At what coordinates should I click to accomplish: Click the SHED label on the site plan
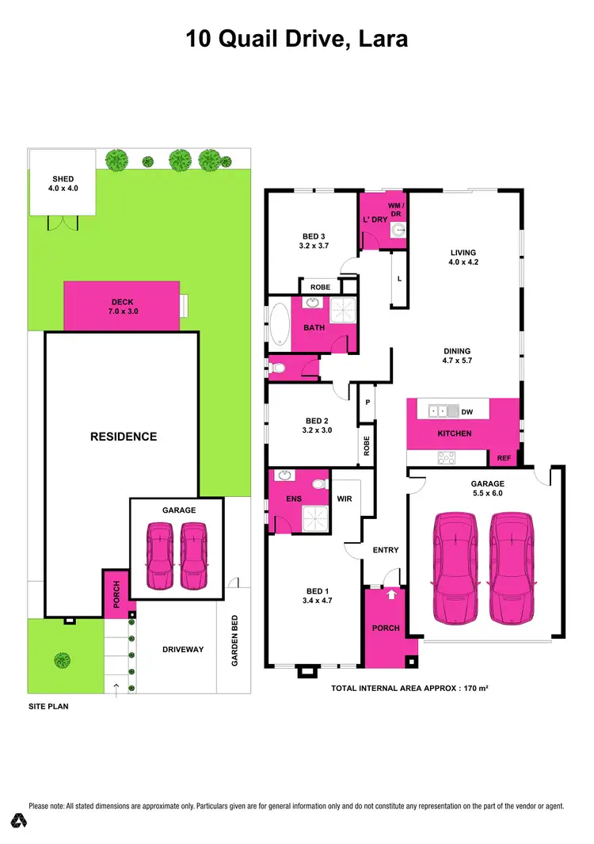point(62,183)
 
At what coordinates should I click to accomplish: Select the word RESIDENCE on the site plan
point(123,437)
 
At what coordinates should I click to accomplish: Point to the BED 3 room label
point(314,241)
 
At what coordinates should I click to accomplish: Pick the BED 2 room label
point(314,426)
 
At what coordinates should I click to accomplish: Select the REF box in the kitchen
point(504,458)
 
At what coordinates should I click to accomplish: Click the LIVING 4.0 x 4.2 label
point(463,258)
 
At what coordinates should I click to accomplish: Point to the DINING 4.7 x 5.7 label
point(457,356)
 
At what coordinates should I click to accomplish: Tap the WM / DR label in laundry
point(394,200)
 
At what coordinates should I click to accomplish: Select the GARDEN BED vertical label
point(234,641)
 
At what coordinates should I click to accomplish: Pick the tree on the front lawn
point(61,659)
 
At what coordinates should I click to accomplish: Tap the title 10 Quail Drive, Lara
point(297,38)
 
